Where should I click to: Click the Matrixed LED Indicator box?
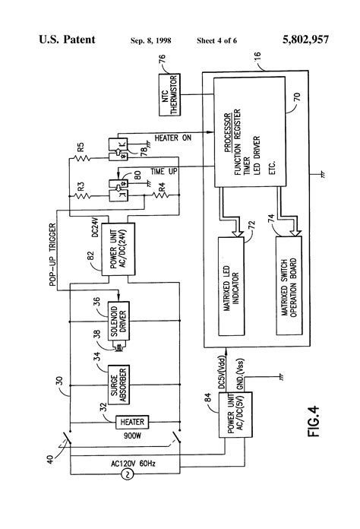click(233, 286)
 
